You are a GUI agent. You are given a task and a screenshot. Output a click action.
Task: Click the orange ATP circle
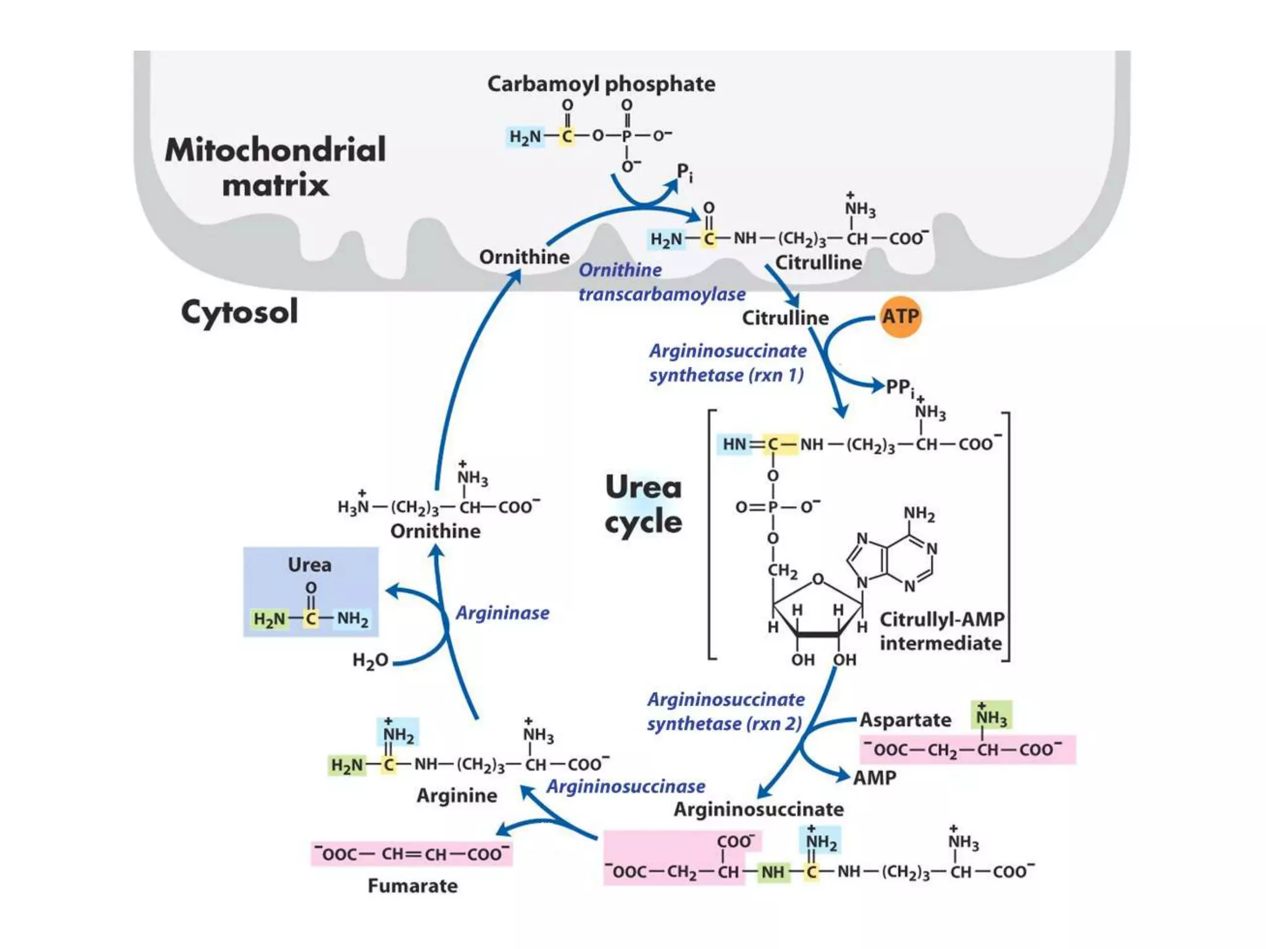pos(900,317)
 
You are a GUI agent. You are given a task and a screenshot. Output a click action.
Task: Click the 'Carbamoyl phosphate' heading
pos(601,84)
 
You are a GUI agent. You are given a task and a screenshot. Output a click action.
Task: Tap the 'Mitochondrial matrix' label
pos(275,167)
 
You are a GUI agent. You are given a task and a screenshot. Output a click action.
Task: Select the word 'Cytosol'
pos(239,311)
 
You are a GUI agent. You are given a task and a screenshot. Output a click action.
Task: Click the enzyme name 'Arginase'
pos(502,613)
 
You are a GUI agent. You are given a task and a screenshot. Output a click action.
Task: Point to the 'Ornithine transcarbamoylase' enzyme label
pos(661,282)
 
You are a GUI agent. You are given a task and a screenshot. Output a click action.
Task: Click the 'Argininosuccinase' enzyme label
pos(626,787)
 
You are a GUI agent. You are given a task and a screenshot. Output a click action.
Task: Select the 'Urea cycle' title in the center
pos(644,504)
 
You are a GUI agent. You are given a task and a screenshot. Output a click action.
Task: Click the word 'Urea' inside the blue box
pos(309,565)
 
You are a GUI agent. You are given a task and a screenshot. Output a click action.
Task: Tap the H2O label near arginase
pos(370,660)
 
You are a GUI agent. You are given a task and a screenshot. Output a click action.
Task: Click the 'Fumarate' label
pos(412,886)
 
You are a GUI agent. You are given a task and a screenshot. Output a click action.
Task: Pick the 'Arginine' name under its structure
pos(456,795)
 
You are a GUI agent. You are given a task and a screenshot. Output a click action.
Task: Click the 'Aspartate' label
pos(905,720)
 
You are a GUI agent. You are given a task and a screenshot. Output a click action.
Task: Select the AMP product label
pos(874,777)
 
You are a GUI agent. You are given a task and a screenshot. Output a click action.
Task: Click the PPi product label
pos(899,387)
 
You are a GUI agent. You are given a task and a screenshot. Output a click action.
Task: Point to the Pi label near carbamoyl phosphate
pos(684,172)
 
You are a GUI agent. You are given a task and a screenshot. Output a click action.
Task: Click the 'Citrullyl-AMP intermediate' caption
pos(941,631)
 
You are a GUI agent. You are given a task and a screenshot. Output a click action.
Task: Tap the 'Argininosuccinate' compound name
pos(758,809)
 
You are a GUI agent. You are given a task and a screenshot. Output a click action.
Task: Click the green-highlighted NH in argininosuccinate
pos(773,872)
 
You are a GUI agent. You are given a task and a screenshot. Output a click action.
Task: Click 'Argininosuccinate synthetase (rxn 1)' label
pos(727,363)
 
